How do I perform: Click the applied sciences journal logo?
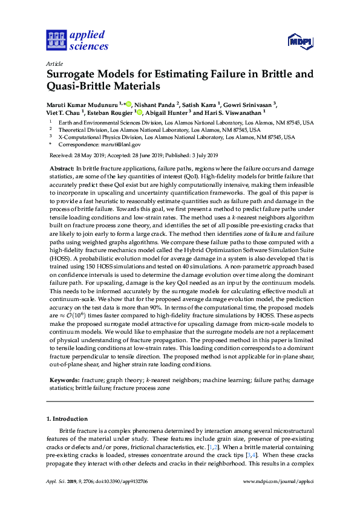[x=77, y=40]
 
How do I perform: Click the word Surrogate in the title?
[x=76, y=75]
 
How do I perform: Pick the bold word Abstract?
[x=62, y=167]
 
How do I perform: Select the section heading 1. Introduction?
[x=67, y=418]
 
